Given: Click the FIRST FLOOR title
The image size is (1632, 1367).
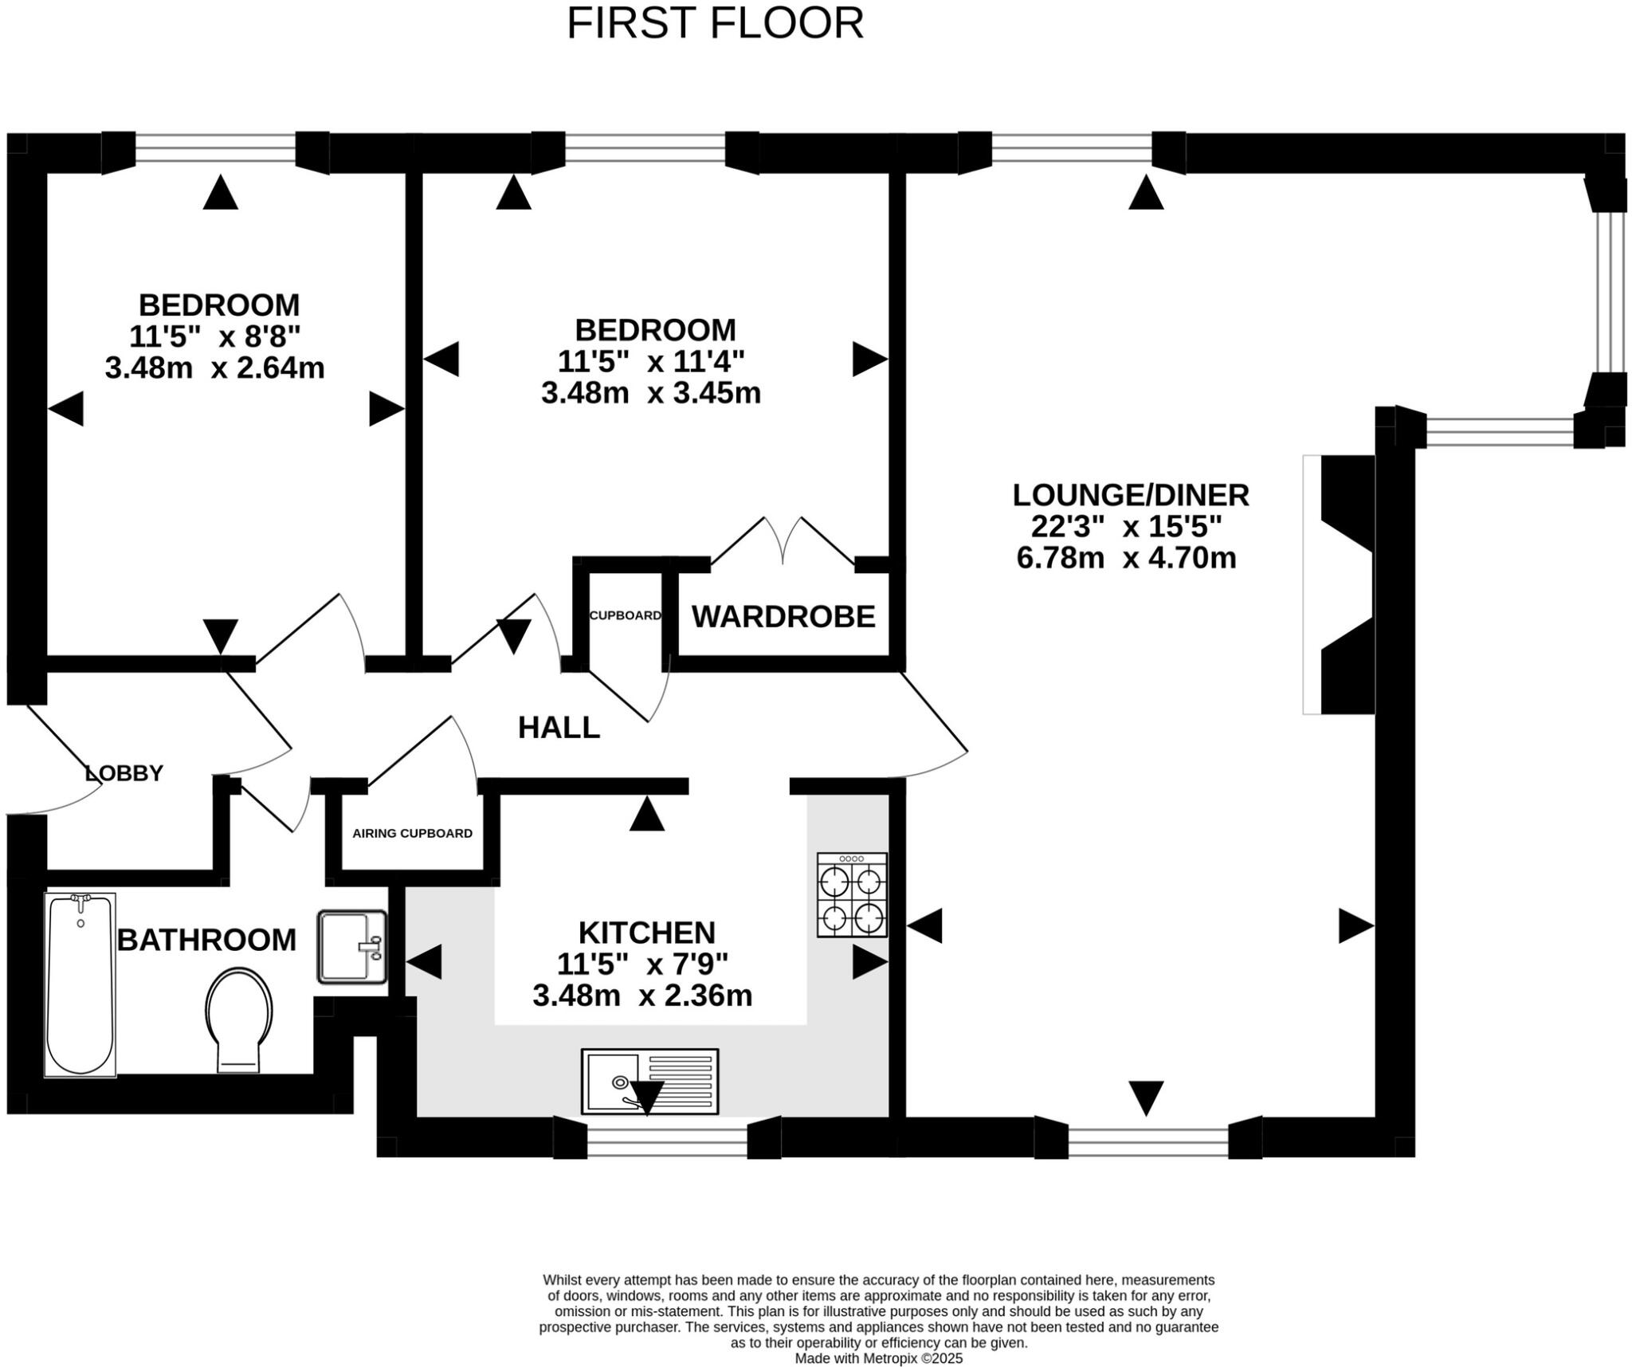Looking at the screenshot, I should [x=715, y=24].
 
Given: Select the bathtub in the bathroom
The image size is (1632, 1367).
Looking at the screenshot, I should [x=80, y=984].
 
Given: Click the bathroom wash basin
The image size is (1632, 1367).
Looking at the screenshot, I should [x=351, y=947].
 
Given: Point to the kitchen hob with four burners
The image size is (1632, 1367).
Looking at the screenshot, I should [x=851, y=894].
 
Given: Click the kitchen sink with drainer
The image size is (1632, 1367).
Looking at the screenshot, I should [x=649, y=1081].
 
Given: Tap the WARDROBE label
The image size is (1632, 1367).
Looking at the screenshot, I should [x=783, y=617].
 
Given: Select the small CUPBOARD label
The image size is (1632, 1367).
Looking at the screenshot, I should [x=625, y=615].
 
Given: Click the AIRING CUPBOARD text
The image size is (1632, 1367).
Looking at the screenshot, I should [x=412, y=834].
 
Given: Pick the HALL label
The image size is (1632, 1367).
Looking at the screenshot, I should [x=559, y=728].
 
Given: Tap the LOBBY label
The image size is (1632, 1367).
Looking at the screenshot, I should [x=124, y=773].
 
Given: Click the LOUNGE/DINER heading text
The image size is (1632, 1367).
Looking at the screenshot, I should [x=1130, y=495].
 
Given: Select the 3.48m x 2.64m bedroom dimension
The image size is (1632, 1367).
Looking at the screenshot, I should [x=214, y=368].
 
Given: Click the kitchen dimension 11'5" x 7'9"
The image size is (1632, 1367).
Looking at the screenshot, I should [x=642, y=964].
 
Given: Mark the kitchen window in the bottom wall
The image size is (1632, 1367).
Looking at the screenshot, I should [x=667, y=1137].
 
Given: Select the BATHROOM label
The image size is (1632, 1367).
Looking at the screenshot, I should [x=206, y=941].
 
